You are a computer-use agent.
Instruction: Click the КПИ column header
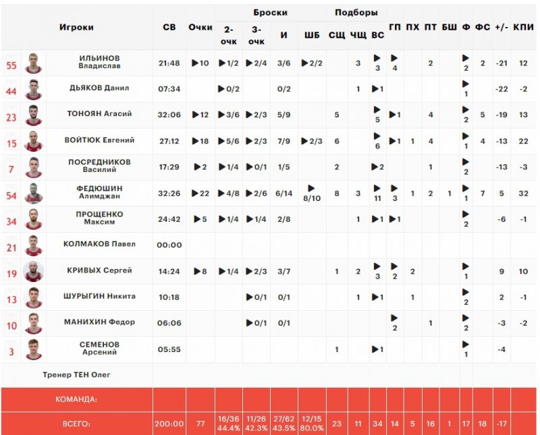click(x=523, y=28)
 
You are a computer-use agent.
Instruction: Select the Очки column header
click(x=200, y=28)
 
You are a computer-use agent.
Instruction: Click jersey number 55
click(x=11, y=65)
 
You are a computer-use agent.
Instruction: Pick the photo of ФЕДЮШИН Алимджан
click(x=33, y=194)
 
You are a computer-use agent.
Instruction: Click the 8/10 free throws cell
click(x=311, y=194)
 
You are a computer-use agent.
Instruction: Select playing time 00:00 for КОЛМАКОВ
click(x=169, y=245)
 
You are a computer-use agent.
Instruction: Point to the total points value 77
click(x=200, y=424)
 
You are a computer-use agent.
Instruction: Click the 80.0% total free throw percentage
click(x=311, y=428)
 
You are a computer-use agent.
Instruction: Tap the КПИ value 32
click(x=523, y=193)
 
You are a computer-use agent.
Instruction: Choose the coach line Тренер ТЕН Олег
click(x=76, y=374)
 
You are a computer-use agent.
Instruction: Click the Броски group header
click(x=270, y=12)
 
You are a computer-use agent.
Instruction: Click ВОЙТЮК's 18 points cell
click(x=200, y=140)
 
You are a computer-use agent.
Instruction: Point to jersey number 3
click(x=11, y=351)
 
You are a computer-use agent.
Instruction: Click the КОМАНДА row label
click(x=76, y=399)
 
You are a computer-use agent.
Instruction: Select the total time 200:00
click(x=169, y=424)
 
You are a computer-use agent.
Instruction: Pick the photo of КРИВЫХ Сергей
click(x=33, y=271)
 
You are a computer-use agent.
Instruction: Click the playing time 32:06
click(x=169, y=115)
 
